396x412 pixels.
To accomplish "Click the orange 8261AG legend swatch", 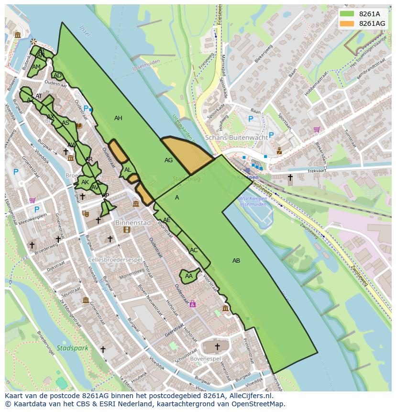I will (x=347, y=23).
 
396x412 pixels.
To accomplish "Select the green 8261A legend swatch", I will (x=347, y=14).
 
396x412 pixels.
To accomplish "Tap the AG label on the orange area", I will (x=168, y=160).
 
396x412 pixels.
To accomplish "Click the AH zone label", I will (x=118, y=118).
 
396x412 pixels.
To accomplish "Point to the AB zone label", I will (x=236, y=261).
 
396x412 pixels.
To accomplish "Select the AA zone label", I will (x=188, y=276).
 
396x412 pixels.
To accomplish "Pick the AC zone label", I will (x=194, y=250).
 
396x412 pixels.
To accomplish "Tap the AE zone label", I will (x=167, y=220).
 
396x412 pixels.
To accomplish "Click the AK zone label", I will (x=85, y=182).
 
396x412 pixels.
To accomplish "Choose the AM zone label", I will (x=36, y=67).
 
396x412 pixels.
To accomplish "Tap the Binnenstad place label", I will (x=132, y=223).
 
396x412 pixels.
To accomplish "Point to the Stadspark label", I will (x=72, y=348).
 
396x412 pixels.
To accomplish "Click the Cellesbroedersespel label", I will (x=116, y=260).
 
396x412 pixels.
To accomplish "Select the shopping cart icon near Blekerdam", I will (x=316, y=129).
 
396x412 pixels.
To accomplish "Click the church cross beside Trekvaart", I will (x=290, y=178).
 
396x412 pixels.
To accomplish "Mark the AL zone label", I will (x=128, y=170).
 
